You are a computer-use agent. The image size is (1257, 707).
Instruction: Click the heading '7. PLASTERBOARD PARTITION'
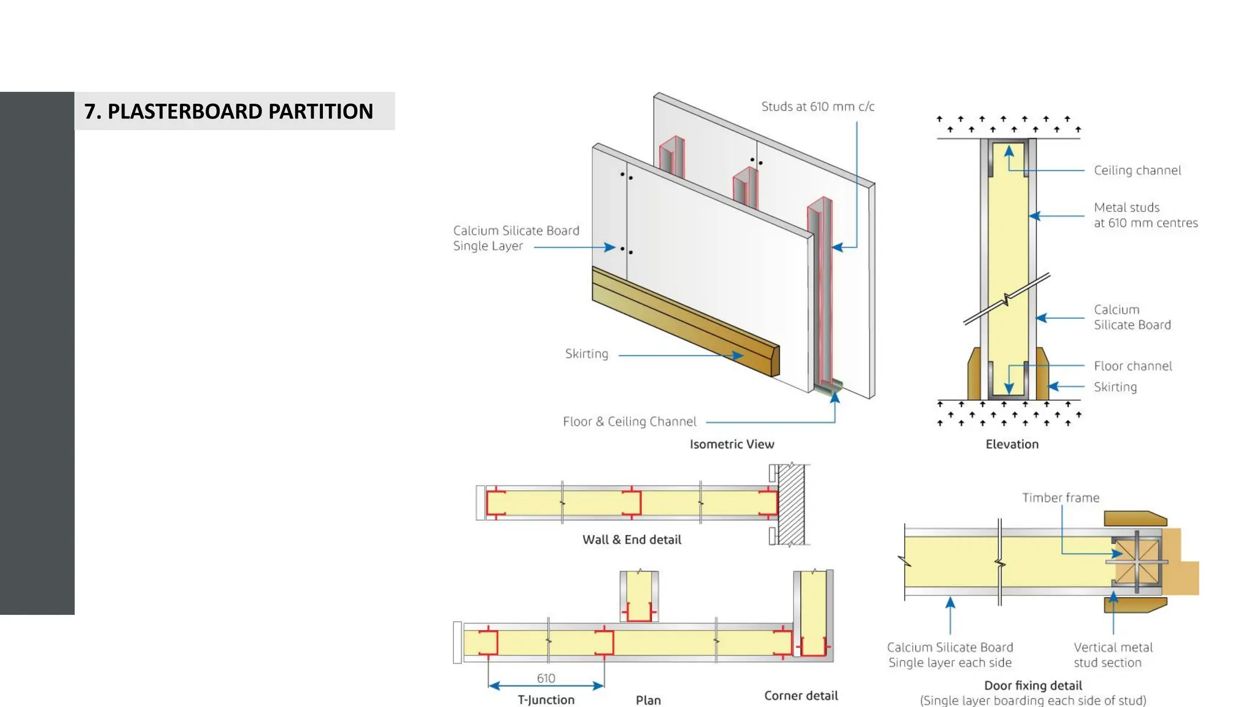(228, 111)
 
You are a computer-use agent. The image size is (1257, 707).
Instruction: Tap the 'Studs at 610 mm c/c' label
(818, 106)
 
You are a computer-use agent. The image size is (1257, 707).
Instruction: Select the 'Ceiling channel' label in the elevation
(1137, 170)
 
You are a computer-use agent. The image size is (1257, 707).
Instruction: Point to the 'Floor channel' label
(1132, 366)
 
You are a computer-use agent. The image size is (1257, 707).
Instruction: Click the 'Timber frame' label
(1060, 498)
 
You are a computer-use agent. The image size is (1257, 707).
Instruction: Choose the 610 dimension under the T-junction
(546, 678)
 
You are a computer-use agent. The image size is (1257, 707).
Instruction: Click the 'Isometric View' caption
(732, 444)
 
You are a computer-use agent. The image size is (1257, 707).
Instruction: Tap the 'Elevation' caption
(1011, 444)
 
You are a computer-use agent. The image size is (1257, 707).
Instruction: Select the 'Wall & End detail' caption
(632, 539)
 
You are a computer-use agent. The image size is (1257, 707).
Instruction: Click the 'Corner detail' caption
(800, 695)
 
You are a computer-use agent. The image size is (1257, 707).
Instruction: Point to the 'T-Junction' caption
(546, 700)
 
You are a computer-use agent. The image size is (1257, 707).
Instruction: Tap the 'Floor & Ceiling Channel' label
(629, 422)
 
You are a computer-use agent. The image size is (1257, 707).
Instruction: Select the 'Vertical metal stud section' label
(1112, 655)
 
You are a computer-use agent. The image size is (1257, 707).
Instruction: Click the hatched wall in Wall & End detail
(791, 504)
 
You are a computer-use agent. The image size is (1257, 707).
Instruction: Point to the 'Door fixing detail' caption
(1032, 686)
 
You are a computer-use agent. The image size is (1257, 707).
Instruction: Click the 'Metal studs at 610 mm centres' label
(1145, 215)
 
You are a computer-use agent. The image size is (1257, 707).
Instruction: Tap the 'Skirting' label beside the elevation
(1115, 387)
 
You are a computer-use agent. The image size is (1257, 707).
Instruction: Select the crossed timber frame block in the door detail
(1137, 562)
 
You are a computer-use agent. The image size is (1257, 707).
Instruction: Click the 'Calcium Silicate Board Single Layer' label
(516, 238)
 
